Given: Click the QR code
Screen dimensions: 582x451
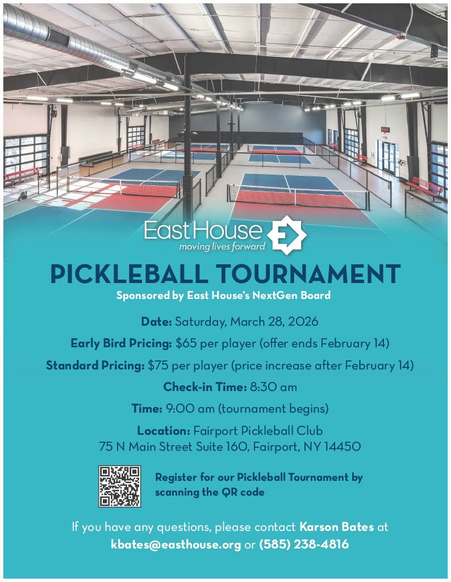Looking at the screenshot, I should click(x=119, y=486).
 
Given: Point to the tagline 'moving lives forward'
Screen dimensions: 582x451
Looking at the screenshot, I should click(x=214, y=247).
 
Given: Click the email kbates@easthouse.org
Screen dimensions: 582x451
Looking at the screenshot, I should click(x=176, y=544).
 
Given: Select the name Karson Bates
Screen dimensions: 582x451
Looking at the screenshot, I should click(x=336, y=527).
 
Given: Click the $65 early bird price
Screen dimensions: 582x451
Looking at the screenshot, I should click(x=185, y=343).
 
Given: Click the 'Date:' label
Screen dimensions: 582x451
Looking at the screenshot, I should click(x=156, y=322).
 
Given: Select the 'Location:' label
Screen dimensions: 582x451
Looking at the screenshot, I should click(x=164, y=430).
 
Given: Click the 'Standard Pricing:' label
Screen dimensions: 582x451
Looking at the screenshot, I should click(x=95, y=365).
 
